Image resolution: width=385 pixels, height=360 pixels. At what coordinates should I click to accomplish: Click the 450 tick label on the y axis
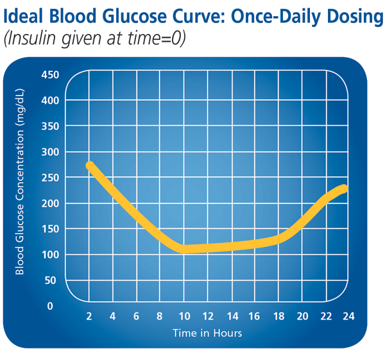(x=49, y=75)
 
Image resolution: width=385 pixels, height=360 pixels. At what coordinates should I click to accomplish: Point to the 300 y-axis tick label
(x=49, y=152)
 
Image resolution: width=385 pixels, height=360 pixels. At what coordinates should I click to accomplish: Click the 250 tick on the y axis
(x=49, y=178)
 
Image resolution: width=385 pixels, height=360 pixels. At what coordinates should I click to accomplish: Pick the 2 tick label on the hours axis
(x=89, y=316)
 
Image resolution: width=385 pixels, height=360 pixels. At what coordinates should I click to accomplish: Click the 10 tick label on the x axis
(x=184, y=316)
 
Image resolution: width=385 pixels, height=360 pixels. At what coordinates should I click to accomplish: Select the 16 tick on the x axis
(x=255, y=316)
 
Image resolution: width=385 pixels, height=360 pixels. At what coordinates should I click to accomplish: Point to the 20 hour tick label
(x=302, y=316)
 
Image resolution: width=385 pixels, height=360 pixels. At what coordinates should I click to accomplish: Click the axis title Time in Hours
(x=207, y=333)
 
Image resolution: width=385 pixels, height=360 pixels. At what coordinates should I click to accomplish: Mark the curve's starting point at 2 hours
(x=90, y=166)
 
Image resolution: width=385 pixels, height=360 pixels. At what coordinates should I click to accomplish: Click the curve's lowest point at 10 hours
(x=184, y=249)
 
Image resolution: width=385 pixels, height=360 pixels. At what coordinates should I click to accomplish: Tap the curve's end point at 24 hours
(x=344, y=189)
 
